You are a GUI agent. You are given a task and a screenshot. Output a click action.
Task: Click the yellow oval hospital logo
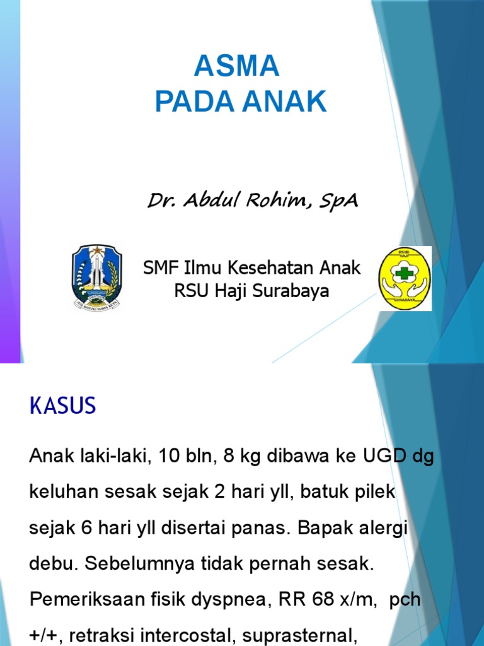click(x=404, y=278)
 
